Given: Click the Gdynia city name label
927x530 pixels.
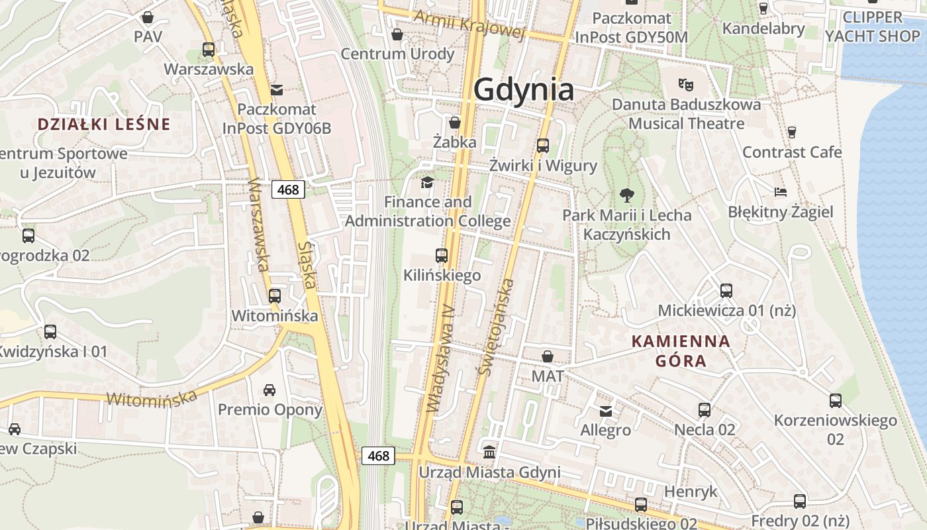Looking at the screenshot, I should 523,89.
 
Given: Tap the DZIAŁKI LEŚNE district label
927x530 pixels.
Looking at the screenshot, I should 104,124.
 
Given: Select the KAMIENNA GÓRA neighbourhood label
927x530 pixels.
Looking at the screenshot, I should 681,351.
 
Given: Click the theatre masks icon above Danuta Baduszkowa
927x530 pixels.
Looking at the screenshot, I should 685,84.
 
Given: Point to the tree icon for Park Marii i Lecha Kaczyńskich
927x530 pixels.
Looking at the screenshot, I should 626,195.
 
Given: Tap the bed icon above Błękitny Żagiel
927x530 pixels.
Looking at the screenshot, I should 781,192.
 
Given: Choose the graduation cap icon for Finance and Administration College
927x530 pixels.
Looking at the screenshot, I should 427,182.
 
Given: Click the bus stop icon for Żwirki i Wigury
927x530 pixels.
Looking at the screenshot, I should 543,146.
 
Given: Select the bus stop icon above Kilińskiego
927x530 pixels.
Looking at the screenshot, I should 442,255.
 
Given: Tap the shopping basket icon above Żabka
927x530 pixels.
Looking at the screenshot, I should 454,123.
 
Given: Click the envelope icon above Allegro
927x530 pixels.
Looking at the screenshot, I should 606,411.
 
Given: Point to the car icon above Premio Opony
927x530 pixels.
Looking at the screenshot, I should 269,390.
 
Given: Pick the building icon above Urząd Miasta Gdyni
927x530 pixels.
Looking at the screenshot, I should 489,452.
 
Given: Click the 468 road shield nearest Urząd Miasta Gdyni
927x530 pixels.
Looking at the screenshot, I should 378,456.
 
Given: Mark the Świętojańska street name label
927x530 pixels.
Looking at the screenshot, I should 496,328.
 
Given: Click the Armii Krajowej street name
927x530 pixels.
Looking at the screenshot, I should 469,25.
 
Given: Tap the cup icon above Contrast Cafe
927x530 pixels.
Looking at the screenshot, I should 791,132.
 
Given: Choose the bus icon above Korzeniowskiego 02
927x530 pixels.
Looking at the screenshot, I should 836,400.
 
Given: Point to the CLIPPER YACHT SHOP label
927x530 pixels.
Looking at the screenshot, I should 872,26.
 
